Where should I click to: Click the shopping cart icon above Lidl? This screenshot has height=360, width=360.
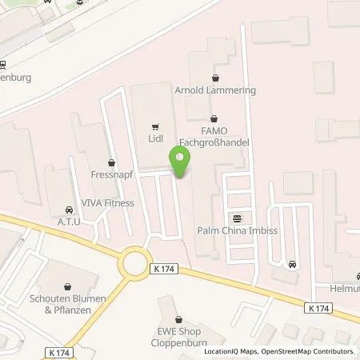click(x=155, y=126)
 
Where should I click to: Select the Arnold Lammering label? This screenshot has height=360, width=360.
click(x=216, y=90)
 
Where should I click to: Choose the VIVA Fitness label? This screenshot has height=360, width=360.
click(x=107, y=203)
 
